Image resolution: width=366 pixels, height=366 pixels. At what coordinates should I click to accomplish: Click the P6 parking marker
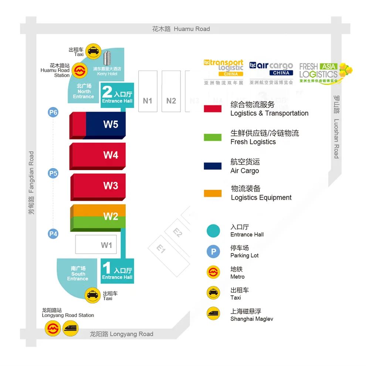pos(53,112)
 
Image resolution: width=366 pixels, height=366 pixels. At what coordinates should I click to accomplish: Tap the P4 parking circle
pos(53,234)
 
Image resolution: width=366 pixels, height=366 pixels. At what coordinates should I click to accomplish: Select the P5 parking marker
pos(53,173)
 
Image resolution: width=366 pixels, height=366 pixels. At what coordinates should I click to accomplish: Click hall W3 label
pos(111,186)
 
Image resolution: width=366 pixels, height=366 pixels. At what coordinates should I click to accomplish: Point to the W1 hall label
pos(106,245)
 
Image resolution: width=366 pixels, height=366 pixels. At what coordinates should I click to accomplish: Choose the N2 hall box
pos(171,101)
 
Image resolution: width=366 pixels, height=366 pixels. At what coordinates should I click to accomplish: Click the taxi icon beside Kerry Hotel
pos(93,51)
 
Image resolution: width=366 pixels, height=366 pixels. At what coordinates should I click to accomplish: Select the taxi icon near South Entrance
pos(92,295)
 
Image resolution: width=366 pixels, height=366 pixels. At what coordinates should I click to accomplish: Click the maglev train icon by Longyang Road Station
pos(70,328)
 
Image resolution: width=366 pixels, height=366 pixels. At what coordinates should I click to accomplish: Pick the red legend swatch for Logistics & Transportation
pos(213,109)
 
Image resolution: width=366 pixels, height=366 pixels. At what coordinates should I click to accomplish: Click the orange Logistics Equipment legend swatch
pos(213,193)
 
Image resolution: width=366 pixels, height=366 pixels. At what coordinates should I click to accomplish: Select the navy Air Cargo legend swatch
pos(213,166)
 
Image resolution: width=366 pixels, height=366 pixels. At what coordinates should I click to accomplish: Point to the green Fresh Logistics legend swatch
pos(213,137)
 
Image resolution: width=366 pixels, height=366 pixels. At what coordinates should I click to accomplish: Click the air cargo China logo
pos(271,69)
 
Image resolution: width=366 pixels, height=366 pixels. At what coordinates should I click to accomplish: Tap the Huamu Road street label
pos(181,29)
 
